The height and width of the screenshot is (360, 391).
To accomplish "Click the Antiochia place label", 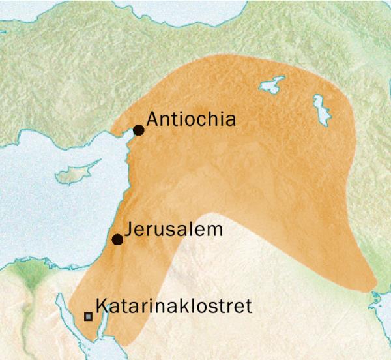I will (190, 119).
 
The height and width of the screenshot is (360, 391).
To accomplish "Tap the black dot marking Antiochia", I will (138, 130).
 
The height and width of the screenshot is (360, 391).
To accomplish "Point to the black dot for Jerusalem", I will (117, 239).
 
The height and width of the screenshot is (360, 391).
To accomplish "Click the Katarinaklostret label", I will (173, 306).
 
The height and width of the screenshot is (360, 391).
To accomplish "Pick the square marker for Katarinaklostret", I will (88, 316).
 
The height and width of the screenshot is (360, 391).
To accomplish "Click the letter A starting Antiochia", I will (152, 119).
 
